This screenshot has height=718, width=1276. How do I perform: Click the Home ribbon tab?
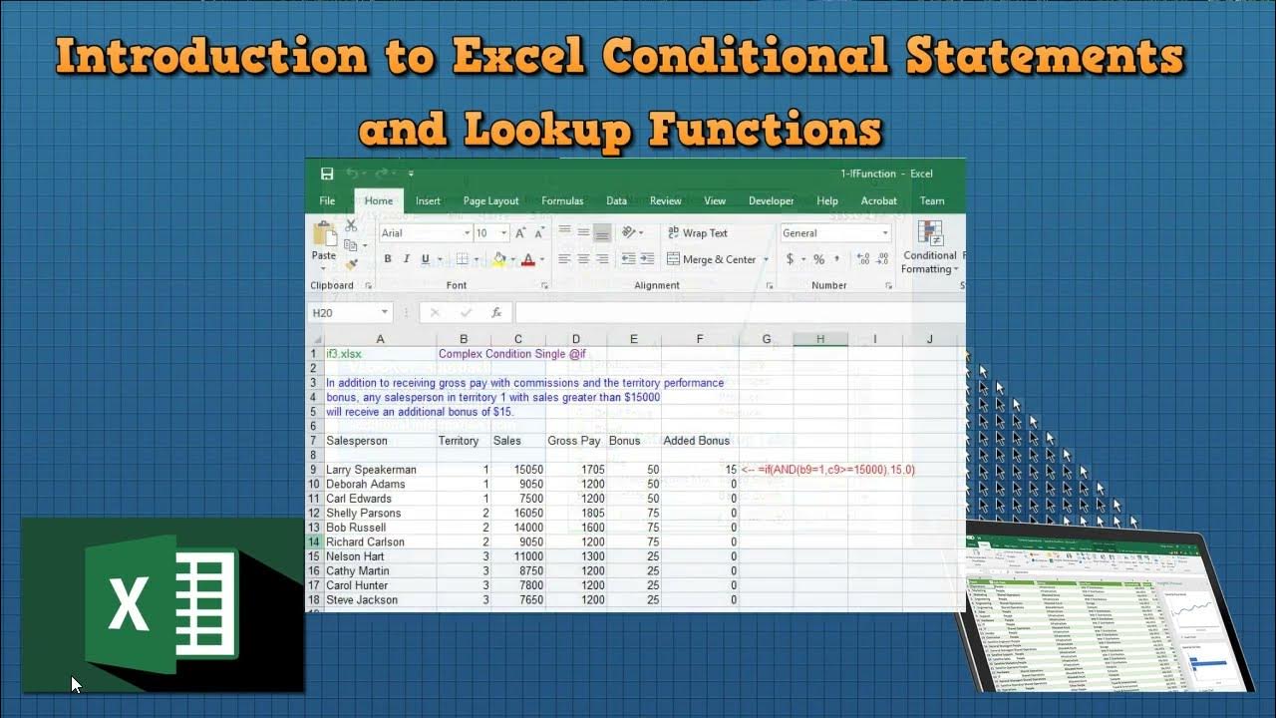pos(379,200)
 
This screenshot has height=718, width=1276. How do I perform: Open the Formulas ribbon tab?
pos(562,200)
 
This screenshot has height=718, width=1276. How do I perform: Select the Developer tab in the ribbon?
pos(772,200)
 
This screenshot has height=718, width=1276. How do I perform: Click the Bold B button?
pos(388,259)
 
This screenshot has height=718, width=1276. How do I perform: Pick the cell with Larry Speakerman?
pos(371,470)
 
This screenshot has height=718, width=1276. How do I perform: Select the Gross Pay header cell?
pos(574,441)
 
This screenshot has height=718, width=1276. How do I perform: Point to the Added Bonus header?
pos(697,441)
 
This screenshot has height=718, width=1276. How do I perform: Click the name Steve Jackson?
pos(362,600)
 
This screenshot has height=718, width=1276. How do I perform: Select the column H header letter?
pos(820,339)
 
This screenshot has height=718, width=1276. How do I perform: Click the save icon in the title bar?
pos(327,174)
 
